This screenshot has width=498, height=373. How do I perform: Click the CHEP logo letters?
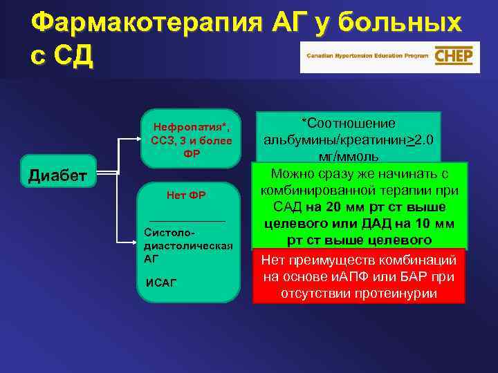point(452,56)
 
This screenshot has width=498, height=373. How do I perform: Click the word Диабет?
point(57,175)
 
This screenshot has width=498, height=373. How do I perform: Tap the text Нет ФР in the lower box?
point(187,195)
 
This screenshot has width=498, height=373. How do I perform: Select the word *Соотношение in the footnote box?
point(348,123)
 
